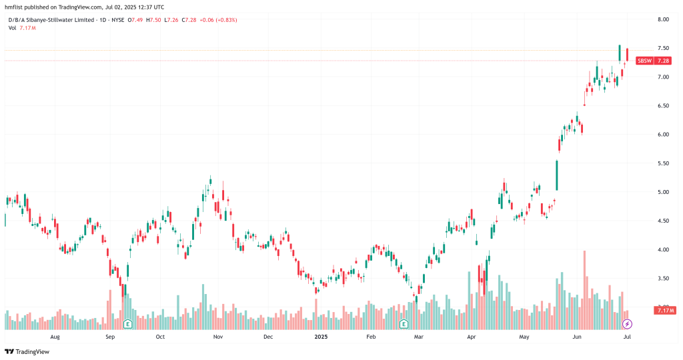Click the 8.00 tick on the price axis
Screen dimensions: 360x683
pyautogui.click(x=663, y=19)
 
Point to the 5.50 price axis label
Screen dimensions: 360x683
pyautogui.click(x=663, y=163)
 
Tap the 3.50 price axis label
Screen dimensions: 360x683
pyautogui.click(x=663, y=279)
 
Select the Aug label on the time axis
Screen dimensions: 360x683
pyautogui.click(x=55, y=337)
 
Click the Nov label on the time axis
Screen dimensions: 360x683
pyautogui.click(x=218, y=337)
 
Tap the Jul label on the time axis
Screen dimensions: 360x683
pyautogui.click(x=628, y=337)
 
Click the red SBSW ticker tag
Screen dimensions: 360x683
pyautogui.click(x=644, y=61)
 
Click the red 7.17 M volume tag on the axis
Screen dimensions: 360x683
pyautogui.click(x=665, y=310)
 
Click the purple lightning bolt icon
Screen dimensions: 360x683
pyautogui.click(x=628, y=324)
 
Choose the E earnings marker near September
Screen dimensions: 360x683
pyautogui.click(x=127, y=324)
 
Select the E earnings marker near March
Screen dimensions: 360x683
pyautogui.click(x=404, y=324)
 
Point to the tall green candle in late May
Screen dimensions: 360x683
pyautogui.click(x=557, y=175)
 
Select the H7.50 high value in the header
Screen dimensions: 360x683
pyautogui.click(x=155, y=20)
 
